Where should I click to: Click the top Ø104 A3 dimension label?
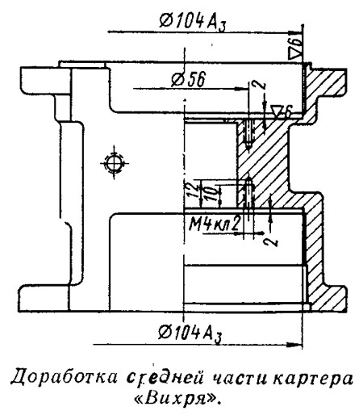coord(193,21)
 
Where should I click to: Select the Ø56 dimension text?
coord(189,79)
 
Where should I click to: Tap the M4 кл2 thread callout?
coord(214,224)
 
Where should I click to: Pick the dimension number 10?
coord(212,193)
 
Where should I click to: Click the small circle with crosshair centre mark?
coord(114,163)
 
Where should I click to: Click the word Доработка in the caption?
coord(65,377)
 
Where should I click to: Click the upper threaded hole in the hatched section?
coord(248,134)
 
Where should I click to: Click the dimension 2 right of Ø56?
coord(259,85)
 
